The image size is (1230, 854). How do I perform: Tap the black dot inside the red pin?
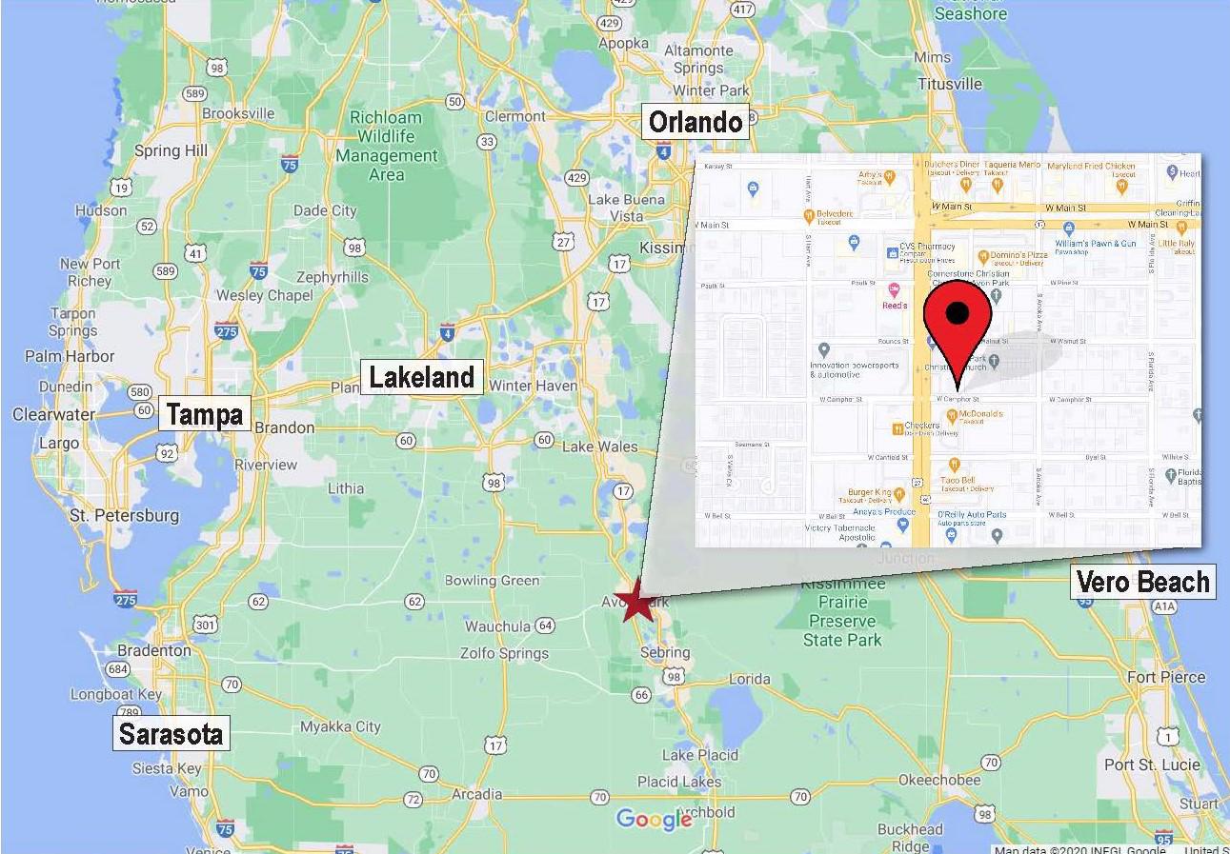point(958,313)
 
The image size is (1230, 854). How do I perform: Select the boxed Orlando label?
point(695,122)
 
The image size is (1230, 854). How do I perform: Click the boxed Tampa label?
point(204,414)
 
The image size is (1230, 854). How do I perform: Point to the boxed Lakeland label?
point(421,377)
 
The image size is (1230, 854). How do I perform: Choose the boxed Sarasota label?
point(171,733)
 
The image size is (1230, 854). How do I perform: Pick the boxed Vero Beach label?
point(1142,581)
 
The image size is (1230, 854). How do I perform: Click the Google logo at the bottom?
point(654,819)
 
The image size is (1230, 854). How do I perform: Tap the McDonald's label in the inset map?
point(980,414)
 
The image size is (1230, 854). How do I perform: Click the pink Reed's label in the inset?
point(894,305)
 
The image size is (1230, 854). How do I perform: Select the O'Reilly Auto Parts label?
point(971,515)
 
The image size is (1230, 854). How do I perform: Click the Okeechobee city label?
point(939,781)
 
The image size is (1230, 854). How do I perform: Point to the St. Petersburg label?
point(125,515)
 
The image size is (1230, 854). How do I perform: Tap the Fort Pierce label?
point(1165,677)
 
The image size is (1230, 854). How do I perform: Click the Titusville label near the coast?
point(950,84)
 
